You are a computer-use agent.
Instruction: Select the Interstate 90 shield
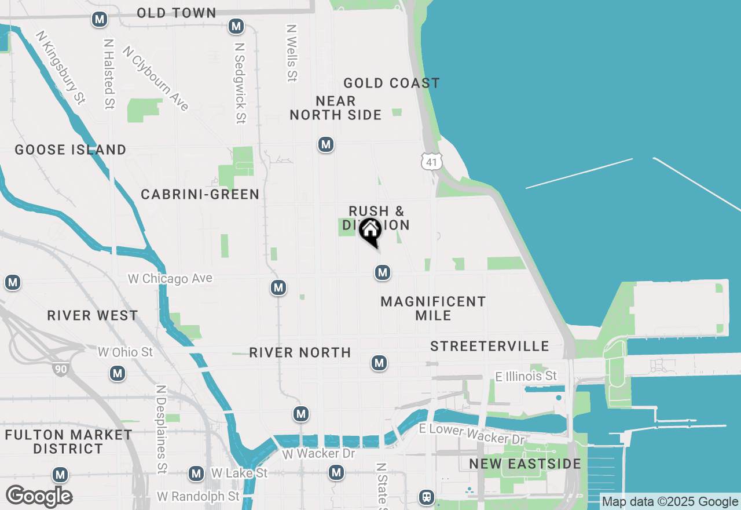(60, 368)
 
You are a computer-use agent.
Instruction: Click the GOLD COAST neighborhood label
(391, 83)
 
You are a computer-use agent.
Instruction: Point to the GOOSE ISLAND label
(71, 150)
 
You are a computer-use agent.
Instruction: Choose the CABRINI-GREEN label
(200, 195)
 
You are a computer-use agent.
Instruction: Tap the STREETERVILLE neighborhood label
(490, 347)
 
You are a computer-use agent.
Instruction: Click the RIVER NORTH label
(300, 353)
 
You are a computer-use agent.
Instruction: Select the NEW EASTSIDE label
(525, 464)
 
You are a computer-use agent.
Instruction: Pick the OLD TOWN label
(177, 13)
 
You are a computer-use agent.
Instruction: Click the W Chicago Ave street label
(170, 279)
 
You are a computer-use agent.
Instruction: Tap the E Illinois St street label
(526, 377)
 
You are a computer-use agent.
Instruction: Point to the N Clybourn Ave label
(156, 78)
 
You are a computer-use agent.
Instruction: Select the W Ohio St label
(125, 352)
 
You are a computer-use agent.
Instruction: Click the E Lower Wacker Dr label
(472, 434)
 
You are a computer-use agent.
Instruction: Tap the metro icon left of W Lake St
(196, 473)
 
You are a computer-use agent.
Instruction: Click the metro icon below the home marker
(382, 272)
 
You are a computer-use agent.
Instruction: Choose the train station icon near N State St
(427, 497)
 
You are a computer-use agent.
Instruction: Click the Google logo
(39, 497)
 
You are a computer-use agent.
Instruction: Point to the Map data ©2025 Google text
(670, 502)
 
